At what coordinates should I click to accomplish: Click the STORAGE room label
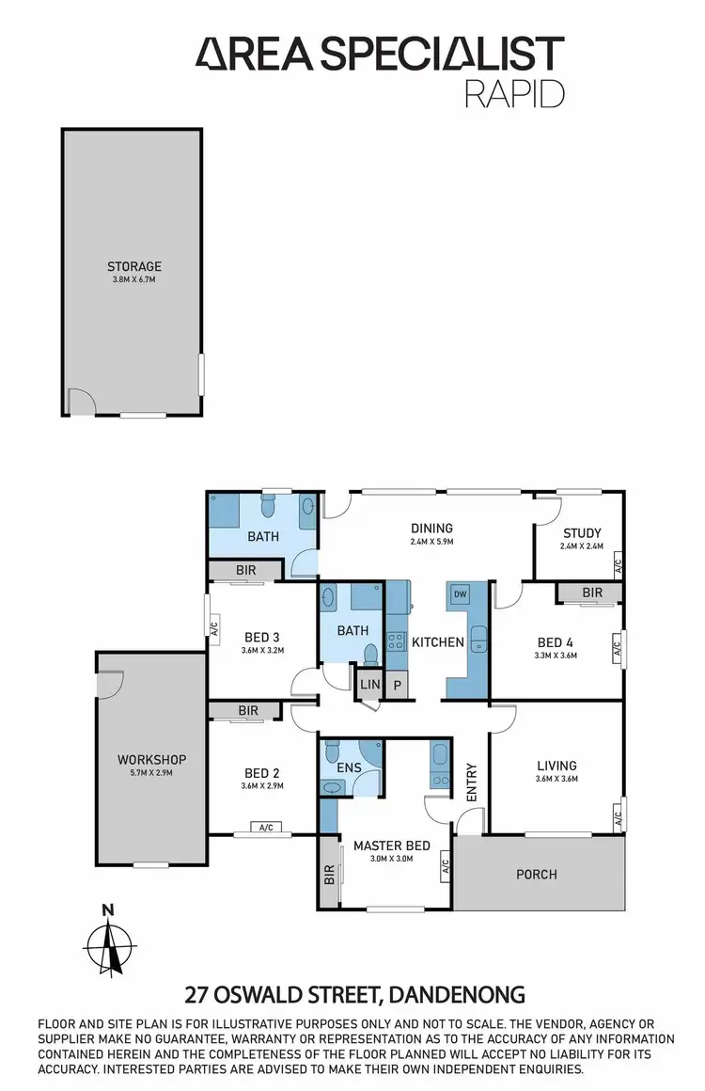click(x=134, y=266)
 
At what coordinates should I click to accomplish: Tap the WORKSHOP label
click(x=151, y=759)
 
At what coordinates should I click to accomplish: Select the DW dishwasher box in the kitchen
click(x=461, y=594)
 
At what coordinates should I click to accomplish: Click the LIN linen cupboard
click(x=368, y=684)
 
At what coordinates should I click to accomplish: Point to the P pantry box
click(x=398, y=685)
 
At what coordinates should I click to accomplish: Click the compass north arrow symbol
click(x=111, y=945)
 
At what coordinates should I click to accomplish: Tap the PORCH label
click(x=537, y=874)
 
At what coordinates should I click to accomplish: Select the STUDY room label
click(x=582, y=533)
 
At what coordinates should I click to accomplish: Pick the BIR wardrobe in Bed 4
click(x=591, y=593)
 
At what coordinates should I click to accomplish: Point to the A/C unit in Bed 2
click(x=265, y=828)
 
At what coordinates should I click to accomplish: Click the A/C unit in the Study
click(x=618, y=566)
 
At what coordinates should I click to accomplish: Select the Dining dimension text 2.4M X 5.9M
click(x=432, y=542)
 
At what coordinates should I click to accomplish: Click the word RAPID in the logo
click(x=516, y=93)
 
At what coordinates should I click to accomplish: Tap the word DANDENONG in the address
click(x=457, y=994)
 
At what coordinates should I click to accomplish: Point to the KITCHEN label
click(x=438, y=642)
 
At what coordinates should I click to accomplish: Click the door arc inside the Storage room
click(x=83, y=402)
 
